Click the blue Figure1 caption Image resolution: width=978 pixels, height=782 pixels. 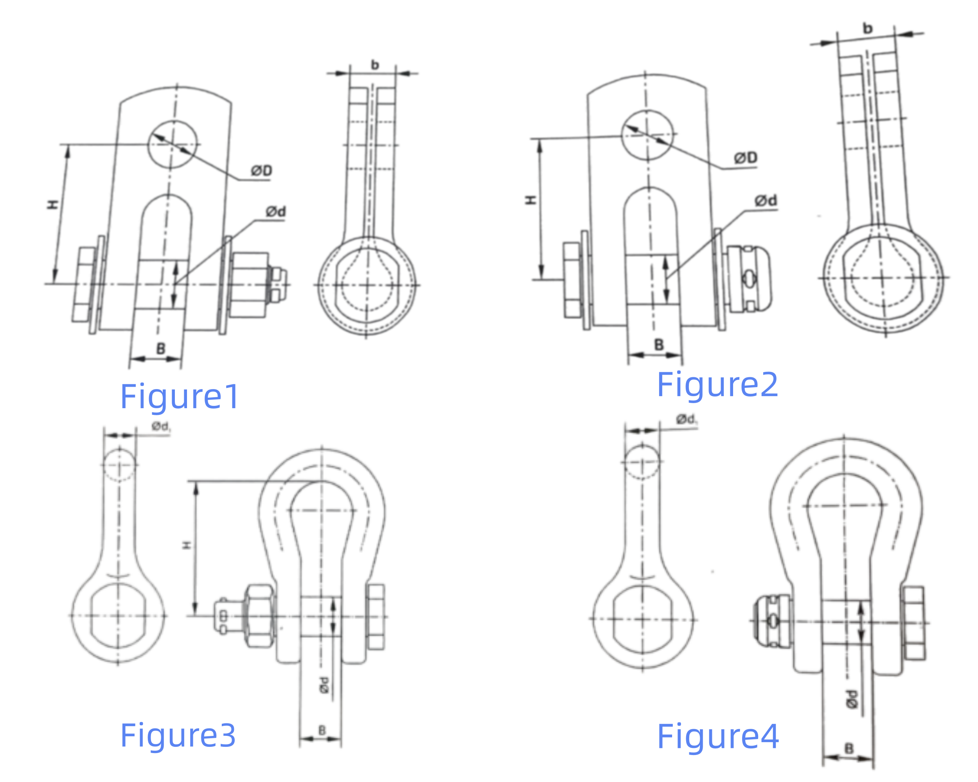click(x=180, y=396)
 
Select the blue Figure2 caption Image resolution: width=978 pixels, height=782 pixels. click(x=717, y=384)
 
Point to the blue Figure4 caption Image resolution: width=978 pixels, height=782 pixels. click(x=717, y=736)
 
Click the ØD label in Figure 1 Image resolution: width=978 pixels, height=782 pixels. click(x=262, y=171)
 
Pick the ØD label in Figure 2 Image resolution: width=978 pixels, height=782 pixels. click(x=746, y=158)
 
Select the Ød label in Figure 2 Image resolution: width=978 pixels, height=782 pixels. click(x=766, y=200)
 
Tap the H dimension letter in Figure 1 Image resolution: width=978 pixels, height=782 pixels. click(x=53, y=204)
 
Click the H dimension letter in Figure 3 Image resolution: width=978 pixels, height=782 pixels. click(x=187, y=545)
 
